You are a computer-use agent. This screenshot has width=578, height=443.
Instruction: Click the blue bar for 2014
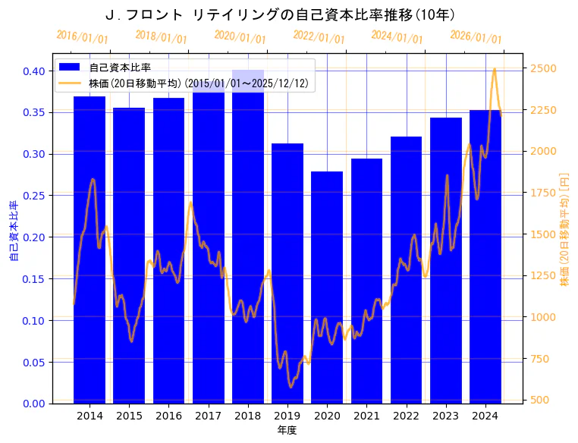click(90, 250)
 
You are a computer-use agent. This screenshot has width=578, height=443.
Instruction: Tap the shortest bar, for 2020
click(327, 287)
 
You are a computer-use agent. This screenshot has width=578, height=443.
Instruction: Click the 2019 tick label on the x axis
click(287, 416)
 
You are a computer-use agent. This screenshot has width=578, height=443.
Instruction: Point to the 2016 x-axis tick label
click(168, 416)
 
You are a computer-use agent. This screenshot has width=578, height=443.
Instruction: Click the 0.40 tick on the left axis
click(33, 71)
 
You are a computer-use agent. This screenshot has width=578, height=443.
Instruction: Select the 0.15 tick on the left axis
click(33, 279)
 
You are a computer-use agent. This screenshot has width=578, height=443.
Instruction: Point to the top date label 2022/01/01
click(319, 37)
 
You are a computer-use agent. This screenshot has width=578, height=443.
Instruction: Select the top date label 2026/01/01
click(476, 37)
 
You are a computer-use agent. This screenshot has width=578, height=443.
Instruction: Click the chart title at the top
click(280, 14)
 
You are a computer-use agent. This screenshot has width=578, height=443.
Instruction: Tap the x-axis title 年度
click(287, 430)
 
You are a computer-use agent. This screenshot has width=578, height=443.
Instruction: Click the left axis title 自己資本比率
click(13, 231)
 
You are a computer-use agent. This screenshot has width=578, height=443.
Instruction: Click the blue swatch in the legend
click(73, 68)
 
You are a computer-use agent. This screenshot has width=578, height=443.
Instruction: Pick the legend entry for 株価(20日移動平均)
click(197, 83)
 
